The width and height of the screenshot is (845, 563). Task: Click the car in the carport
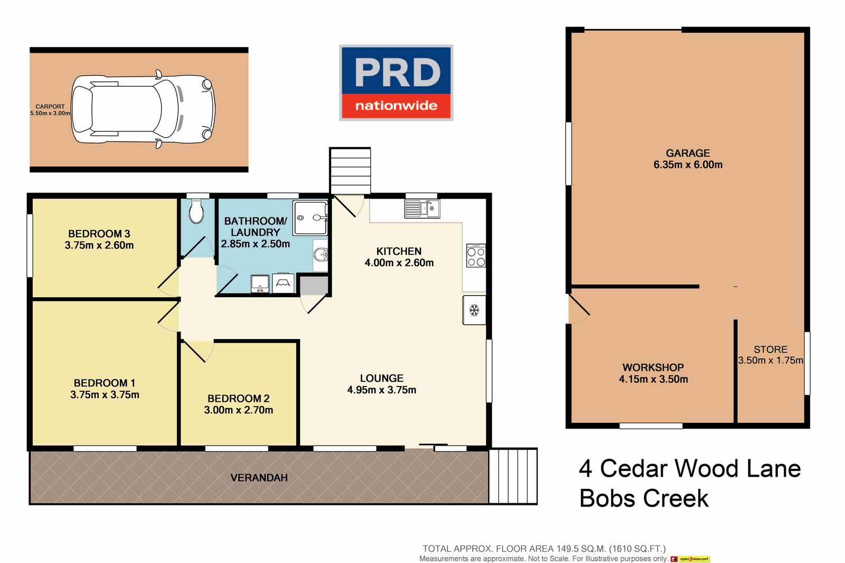(x=143, y=109)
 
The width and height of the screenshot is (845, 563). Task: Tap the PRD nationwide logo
(x=396, y=82)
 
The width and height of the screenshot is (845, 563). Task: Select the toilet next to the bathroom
(x=196, y=212)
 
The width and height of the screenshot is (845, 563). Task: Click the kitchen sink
(x=422, y=208)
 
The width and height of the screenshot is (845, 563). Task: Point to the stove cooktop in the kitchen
(x=476, y=256)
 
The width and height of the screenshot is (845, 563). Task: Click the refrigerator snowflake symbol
(x=474, y=310)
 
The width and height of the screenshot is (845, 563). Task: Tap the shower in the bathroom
(x=311, y=217)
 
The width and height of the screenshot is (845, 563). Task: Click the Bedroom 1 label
(x=105, y=383)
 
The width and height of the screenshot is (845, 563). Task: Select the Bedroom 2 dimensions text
(x=239, y=410)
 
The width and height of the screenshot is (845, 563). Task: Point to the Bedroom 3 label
(x=99, y=234)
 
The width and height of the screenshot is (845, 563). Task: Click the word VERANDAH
(x=259, y=478)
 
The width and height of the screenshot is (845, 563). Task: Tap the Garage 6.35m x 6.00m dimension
(x=688, y=165)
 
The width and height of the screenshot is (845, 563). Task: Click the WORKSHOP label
(x=653, y=367)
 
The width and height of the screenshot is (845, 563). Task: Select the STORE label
(x=770, y=349)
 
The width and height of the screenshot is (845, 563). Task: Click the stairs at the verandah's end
(x=513, y=476)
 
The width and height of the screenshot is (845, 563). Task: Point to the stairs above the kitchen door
(x=350, y=171)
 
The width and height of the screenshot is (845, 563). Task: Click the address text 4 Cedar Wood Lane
(x=690, y=469)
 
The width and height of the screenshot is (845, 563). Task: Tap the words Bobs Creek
(x=644, y=499)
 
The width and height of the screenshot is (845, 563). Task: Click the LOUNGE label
(x=381, y=379)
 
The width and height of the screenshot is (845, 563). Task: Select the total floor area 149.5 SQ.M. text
(x=544, y=549)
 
